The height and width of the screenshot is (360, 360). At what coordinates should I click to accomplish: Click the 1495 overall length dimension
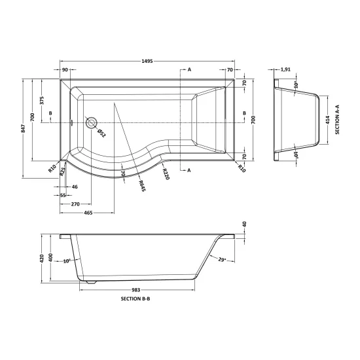(x=147, y=61)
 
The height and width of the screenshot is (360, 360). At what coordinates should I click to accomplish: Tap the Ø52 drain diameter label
(x=101, y=133)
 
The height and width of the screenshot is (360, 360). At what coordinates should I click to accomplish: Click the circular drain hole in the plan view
(x=92, y=122)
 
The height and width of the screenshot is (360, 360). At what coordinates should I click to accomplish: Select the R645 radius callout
(x=142, y=186)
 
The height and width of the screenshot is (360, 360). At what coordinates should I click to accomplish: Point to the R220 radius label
(x=166, y=174)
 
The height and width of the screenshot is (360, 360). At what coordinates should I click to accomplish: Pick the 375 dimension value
(x=42, y=100)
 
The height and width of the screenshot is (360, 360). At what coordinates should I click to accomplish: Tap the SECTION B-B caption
(x=135, y=298)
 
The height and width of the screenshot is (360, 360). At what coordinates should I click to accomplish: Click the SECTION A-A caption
(x=337, y=119)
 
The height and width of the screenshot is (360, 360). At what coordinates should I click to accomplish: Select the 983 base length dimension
(x=135, y=290)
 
